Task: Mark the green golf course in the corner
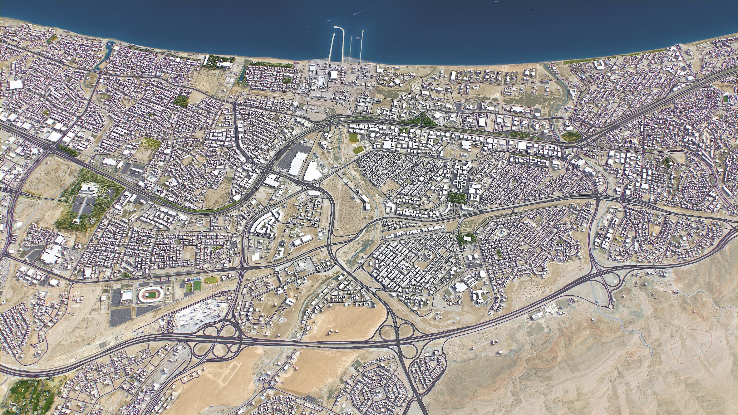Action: (30, 397)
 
